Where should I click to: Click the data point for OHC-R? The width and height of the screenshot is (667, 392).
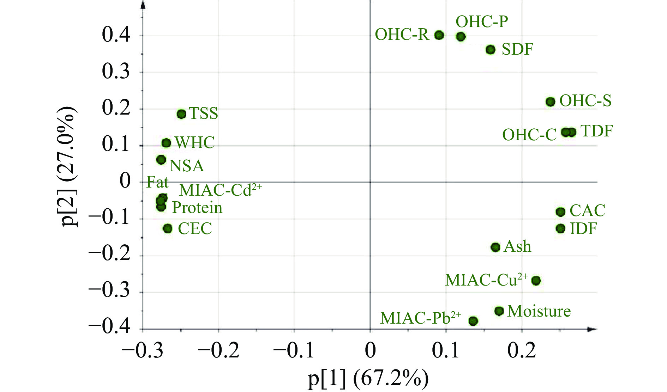click(x=439, y=35)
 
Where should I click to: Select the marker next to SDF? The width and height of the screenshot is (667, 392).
click(x=490, y=50)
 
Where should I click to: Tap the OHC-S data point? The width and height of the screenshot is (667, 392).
click(x=550, y=102)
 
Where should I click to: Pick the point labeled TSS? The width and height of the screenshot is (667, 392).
click(x=181, y=114)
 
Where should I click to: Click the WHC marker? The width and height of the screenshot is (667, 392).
click(x=166, y=143)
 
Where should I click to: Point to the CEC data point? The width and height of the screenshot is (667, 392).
click(x=168, y=228)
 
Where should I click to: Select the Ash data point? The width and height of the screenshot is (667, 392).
click(x=495, y=247)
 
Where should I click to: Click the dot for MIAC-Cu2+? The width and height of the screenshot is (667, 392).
click(x=536, y=281)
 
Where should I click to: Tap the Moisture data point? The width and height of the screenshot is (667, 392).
click(x=499, y=311)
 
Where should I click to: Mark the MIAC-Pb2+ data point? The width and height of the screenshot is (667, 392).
click(x=473, y=321)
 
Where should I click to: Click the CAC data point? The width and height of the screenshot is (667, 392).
click(x=560, y=212)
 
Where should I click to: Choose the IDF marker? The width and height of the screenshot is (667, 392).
click(x=560, y=228)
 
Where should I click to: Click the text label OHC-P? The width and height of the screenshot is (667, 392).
click(x=482, y=22)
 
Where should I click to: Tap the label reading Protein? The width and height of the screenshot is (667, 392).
click(x=197, y=208)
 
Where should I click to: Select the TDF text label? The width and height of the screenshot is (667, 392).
click(x=597, y=131)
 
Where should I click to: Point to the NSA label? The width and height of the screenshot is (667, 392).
click(x=187, y=166)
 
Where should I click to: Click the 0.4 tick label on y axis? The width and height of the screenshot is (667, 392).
click(x=116, y=35)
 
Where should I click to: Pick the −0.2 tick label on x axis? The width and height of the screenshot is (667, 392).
click(x=218, y=350)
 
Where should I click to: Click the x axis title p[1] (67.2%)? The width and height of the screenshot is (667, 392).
click(x=368, y=379)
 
